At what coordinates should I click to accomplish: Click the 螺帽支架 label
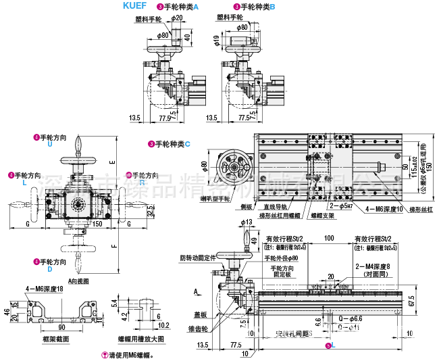(321, 216)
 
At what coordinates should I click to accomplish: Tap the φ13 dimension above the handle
(245, 222)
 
